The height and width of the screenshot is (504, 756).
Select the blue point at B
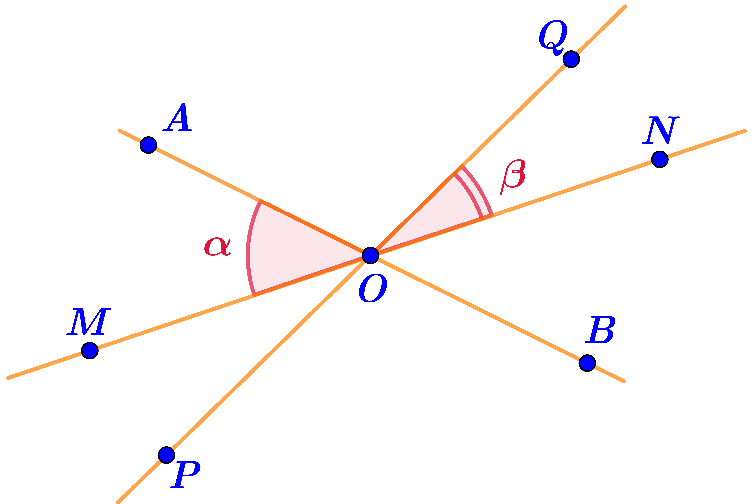(x=587, y=363)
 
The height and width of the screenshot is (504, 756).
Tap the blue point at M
(x=90, y=350)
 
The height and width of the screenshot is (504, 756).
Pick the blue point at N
(x=660, y=159)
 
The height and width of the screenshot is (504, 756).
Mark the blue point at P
(x=167, y=455)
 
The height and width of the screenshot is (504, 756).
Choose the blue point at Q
(x=571, y=59)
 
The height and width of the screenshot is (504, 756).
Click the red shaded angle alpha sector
(x=289, y=251)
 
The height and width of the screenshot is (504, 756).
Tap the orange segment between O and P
(x=267, y=357)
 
